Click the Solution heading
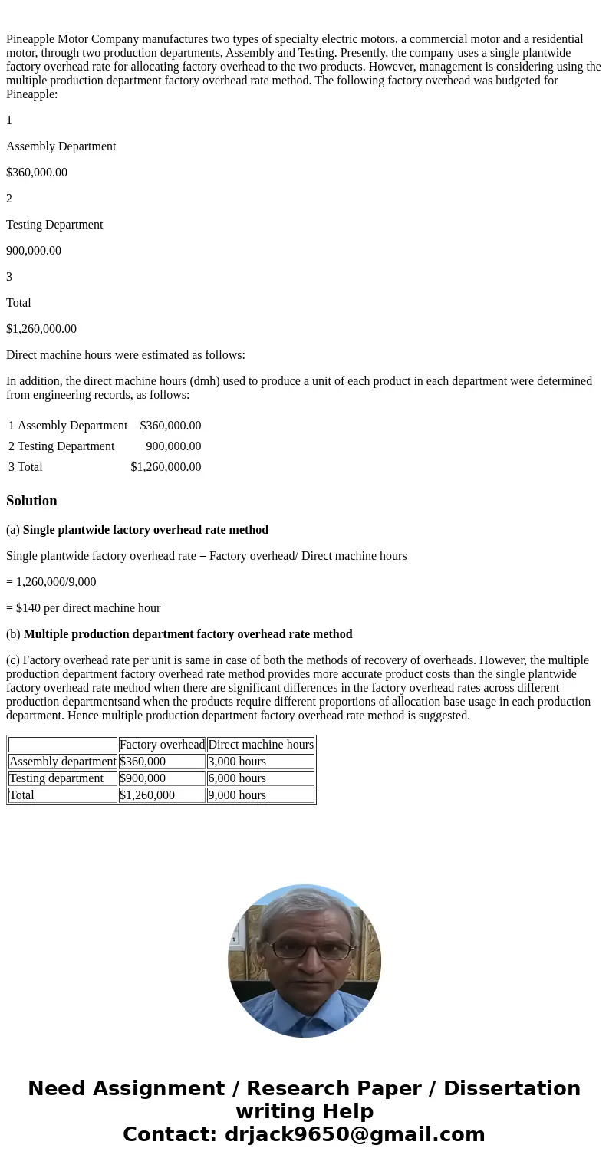tap(31, 501)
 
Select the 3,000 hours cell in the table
tap(237, 762)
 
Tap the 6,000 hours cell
tap(237, 778)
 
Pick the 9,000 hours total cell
tap(237, 795)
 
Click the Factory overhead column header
tap(162, 745)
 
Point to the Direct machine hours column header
tap(261, 745)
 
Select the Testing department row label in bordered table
tap(56, 778)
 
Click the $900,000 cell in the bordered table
tap(143, 778)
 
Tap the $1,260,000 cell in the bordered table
tap(147, 795)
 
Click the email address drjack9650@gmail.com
tap(354, 1134)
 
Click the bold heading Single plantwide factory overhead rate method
tap(146, 530)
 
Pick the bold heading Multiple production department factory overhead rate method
tap(188, 634)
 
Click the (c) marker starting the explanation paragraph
tap(13, 660)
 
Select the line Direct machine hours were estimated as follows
tap(126, 355)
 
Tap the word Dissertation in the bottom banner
tap(512, 1089)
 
